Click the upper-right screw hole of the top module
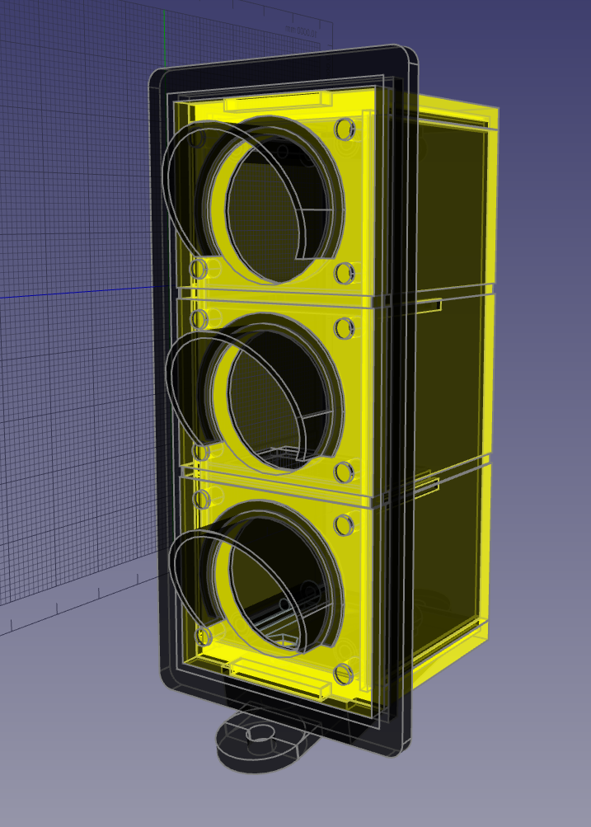click(x=345, y=129)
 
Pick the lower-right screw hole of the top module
click(x=345, y=271)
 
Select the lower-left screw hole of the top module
click(x=199, y=270)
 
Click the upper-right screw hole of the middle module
click(x=345, y=328)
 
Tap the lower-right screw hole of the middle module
click(x=345, y=472)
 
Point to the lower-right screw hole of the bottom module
click(x=345, y=674)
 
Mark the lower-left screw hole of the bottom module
click(x=202, y=637)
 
